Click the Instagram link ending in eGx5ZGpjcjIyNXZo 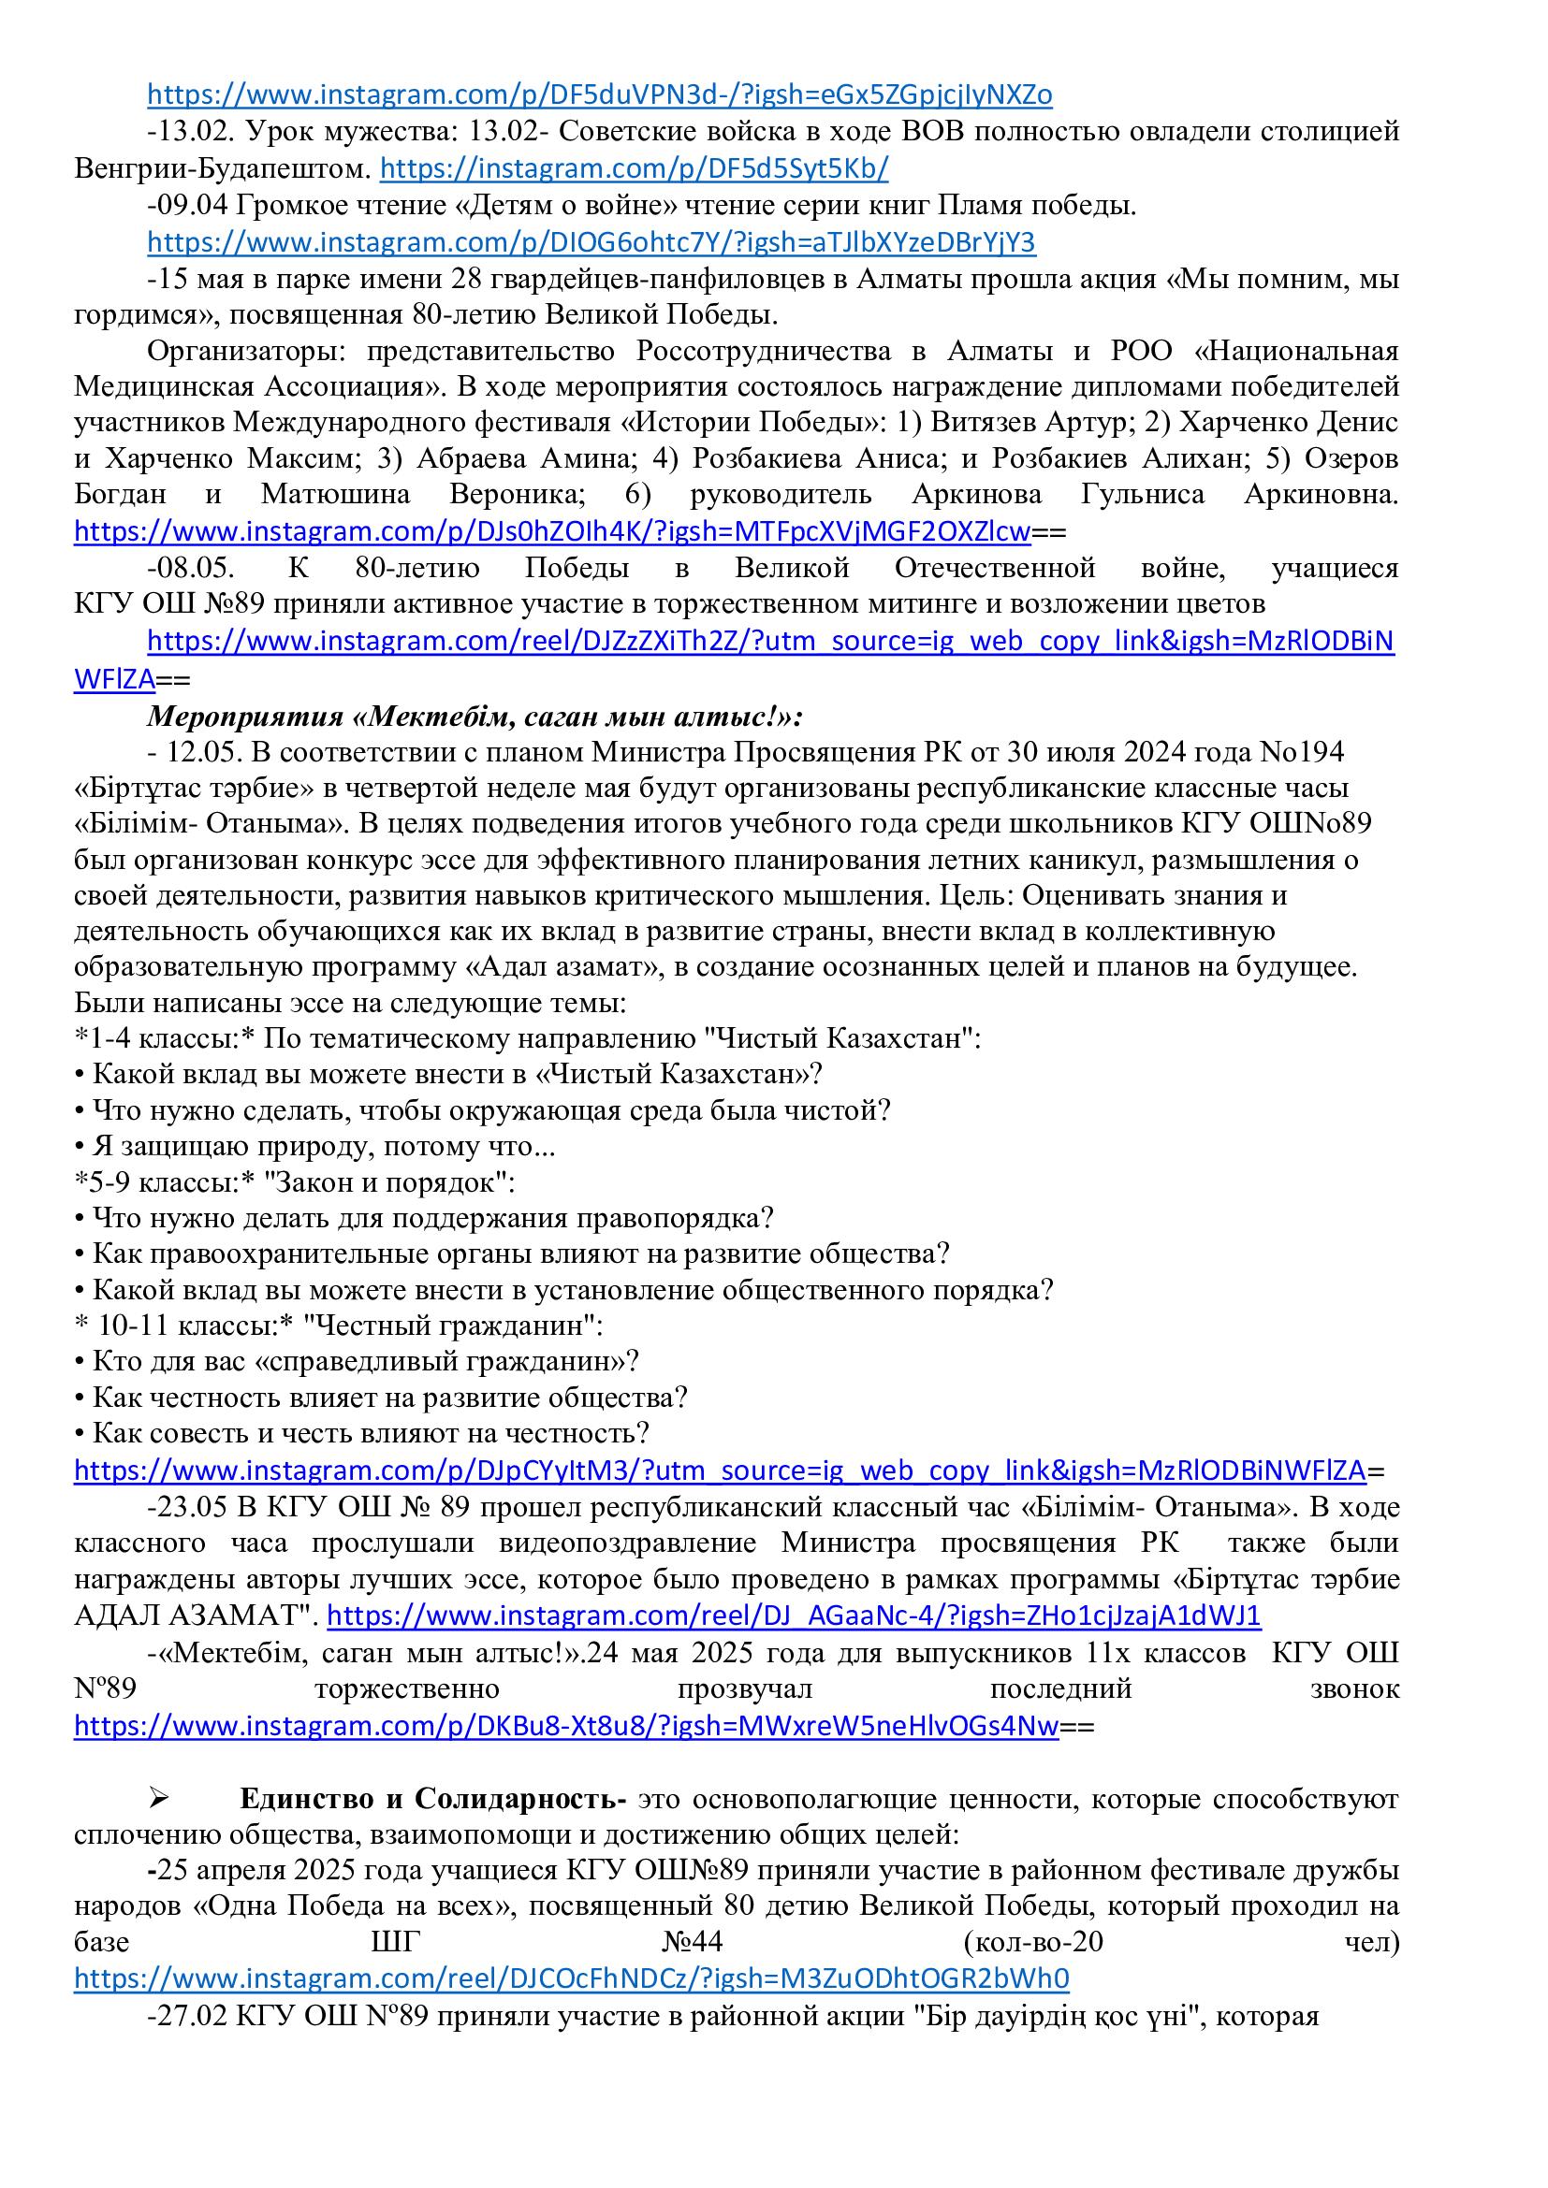(x=600, y=95)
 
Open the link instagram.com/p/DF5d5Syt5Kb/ (x=634, y=168)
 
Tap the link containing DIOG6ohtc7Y (x=591, y=243)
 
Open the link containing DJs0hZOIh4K (x=552, y=531)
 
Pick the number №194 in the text (x=1302, y=752)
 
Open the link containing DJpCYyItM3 (x=720, y=1471)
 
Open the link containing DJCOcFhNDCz (x=571, y=1978)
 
